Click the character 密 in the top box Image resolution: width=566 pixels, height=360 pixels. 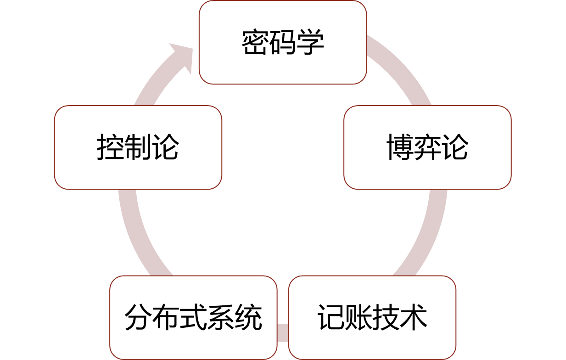255,42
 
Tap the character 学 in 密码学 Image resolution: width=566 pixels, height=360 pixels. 310,42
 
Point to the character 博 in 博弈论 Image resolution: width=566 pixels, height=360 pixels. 400,147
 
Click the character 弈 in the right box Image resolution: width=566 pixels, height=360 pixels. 427,147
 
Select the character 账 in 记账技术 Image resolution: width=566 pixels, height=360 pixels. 358,317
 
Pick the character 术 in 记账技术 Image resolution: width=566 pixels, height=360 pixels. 414,317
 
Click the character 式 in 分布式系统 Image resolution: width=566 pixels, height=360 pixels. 193,317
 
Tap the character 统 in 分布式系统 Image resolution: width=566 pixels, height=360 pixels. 248,317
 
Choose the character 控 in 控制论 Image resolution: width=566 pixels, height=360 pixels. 110,147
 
